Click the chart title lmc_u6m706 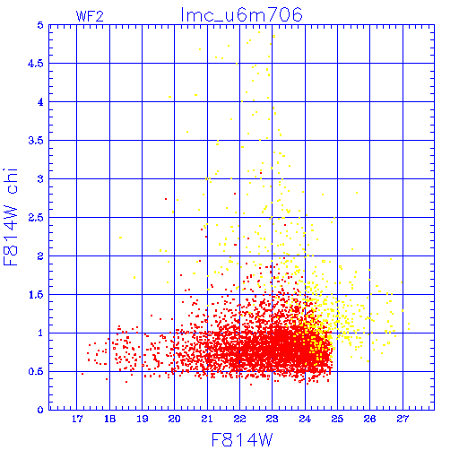click(242, 15)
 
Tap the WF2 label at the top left click(90, 16)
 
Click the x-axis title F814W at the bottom click(242, 440)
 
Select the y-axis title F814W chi click(11, 217)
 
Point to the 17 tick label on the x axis click(77, 419)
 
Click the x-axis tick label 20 click(175, 419)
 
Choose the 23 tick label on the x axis click(273, 419)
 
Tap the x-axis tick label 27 click(403, 419)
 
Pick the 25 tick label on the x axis click(337, 419)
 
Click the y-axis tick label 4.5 click(36, 64)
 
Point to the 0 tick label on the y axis click(40, 410)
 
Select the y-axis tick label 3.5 click(36, 141)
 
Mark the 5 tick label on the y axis click(40, 25)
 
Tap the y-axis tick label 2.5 click(36, 218)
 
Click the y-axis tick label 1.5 click(36, 295)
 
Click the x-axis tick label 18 click(109, 419)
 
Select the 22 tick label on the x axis click(239, 419)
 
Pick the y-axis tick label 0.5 click(36, 372)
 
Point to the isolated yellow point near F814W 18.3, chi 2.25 click(120, 238)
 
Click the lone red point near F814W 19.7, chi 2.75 click(166, 199)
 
